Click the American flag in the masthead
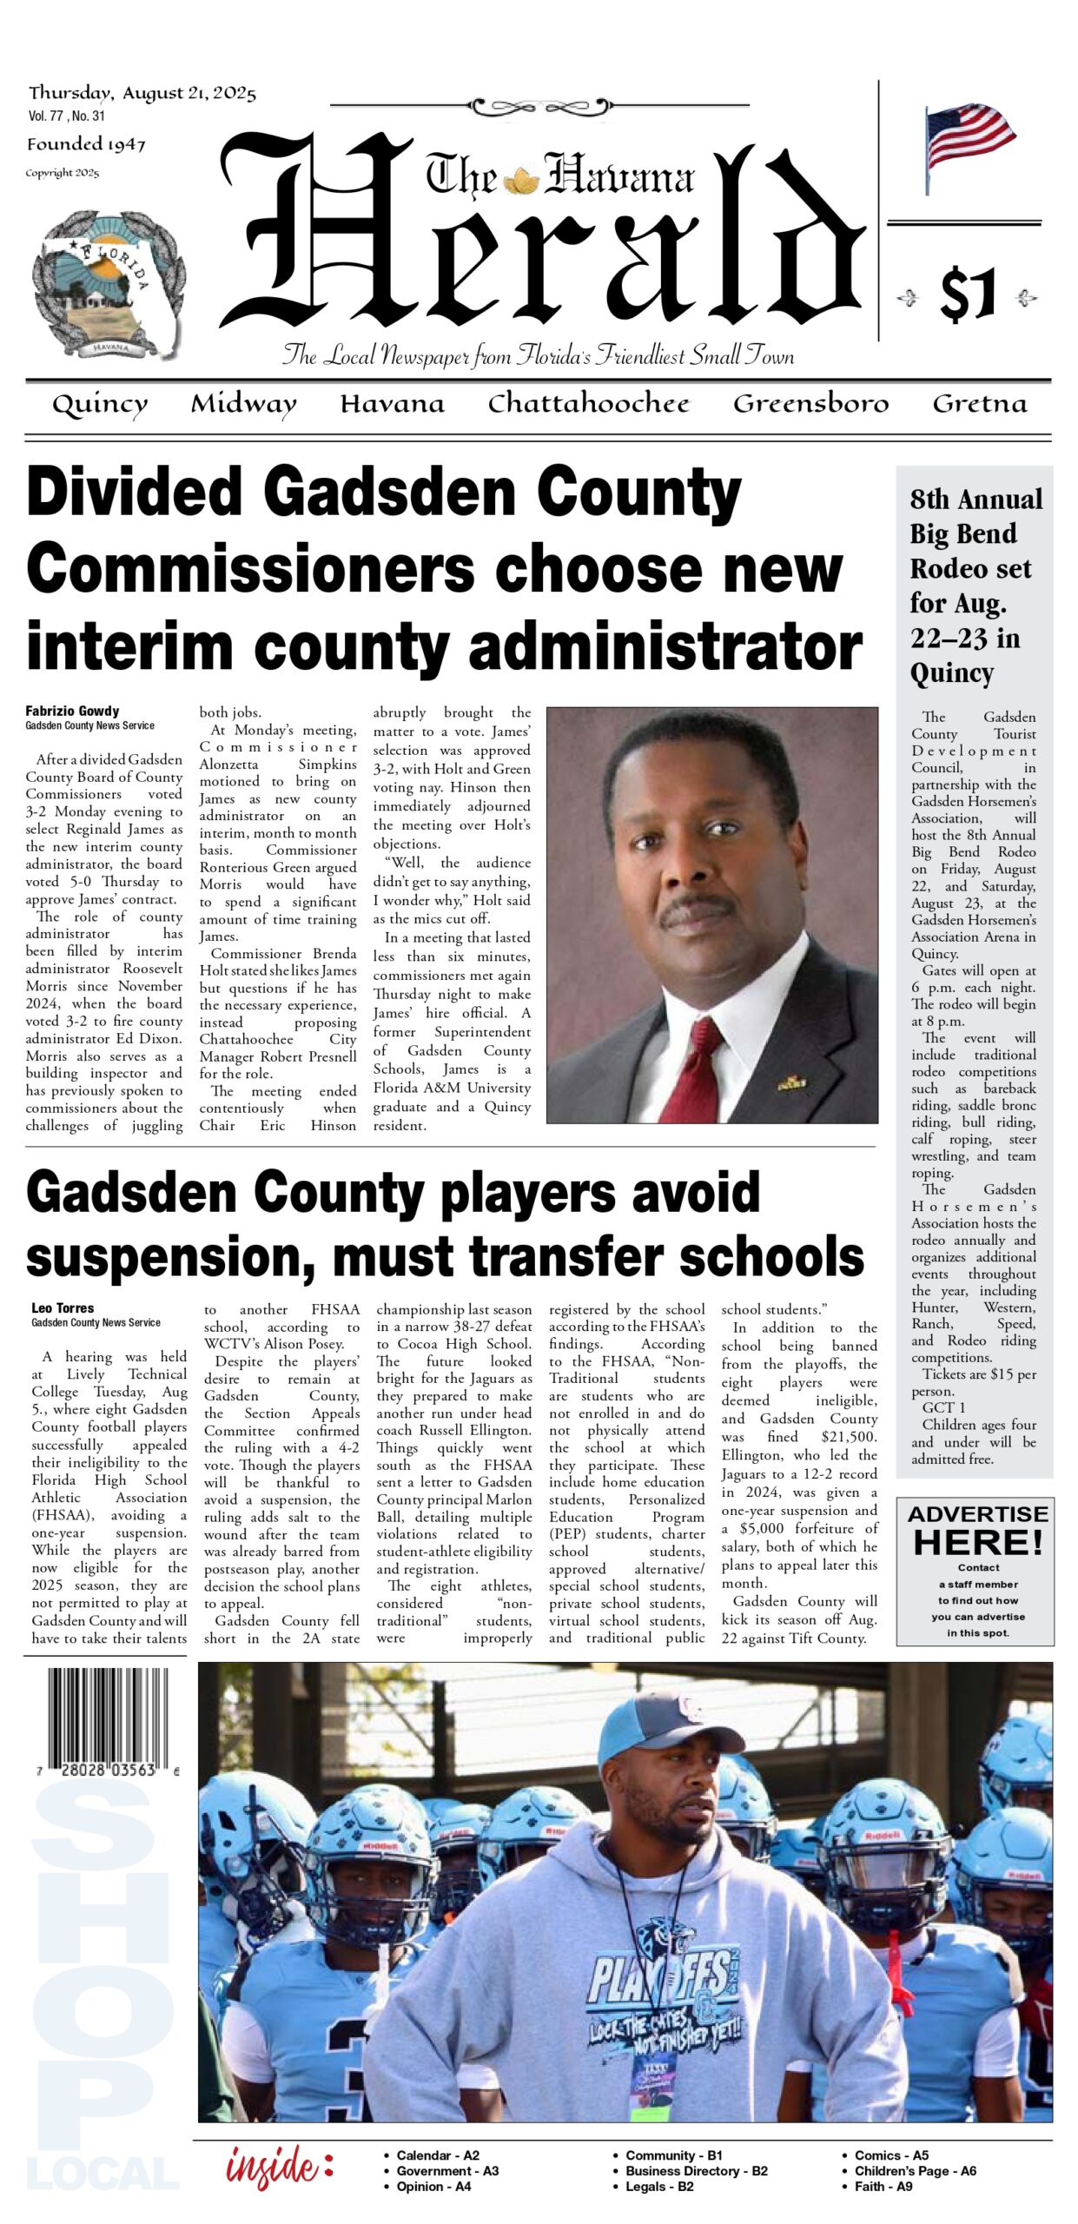tap(969, 143)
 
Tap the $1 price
tap(967, 295)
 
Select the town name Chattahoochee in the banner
tap(588, 403)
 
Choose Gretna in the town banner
tap(979, 403)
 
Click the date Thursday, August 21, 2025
tap(142, 93)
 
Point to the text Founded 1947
tap(86, 144)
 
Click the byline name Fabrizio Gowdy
tap(72, 711)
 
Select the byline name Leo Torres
tap(63, 1307)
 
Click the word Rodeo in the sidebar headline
tap(970, 569)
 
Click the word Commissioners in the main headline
tap(250, 569)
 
